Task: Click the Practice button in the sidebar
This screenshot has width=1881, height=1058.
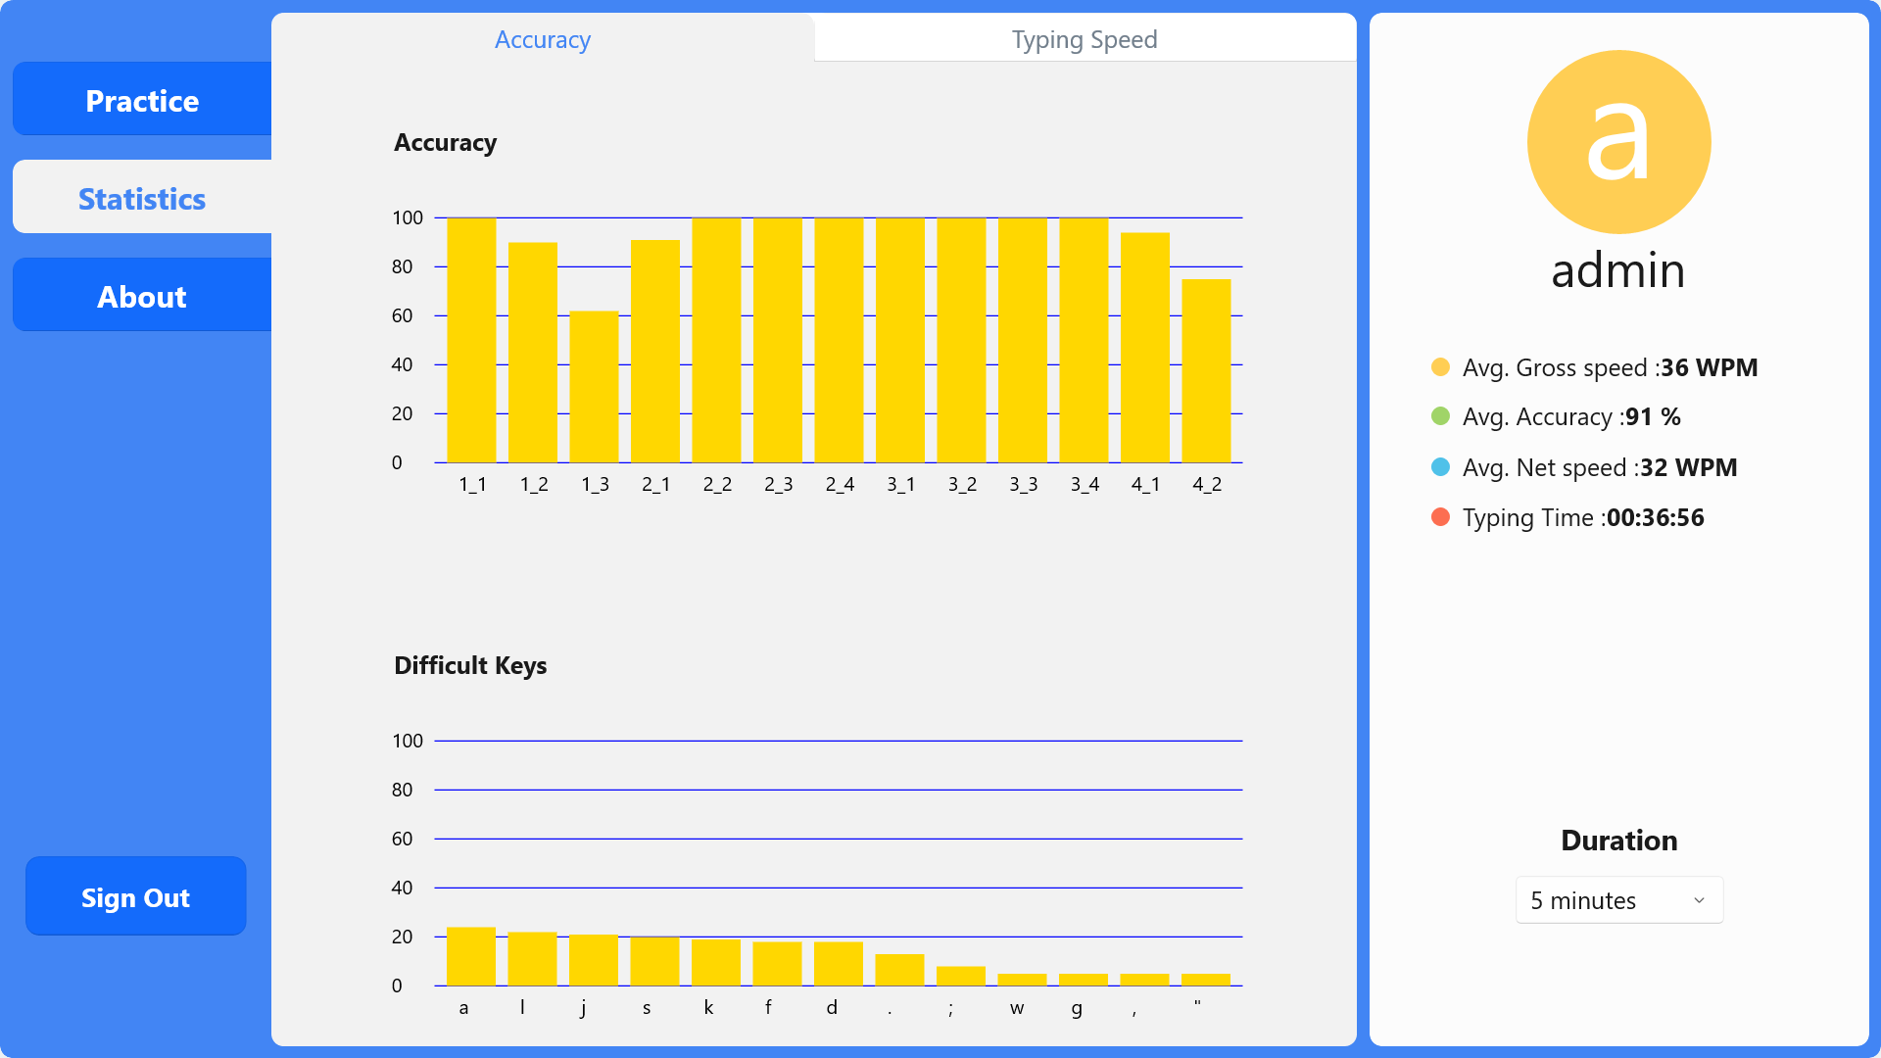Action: point(142,100)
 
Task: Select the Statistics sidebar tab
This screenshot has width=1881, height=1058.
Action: point(142,198)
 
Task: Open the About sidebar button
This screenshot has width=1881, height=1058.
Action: point(142,296)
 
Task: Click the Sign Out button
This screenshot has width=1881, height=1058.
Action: point(136,896)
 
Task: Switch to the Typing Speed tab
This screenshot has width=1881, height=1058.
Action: point(1085,39)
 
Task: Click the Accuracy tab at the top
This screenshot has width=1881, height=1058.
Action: point(543,39)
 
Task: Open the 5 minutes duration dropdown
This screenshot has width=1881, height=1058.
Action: point(1618,900)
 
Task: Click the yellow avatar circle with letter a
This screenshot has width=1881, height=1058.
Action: point(1618,142)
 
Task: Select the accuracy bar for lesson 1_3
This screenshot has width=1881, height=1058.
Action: point(594,387)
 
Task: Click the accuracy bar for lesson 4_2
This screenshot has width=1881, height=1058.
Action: point(1206,371)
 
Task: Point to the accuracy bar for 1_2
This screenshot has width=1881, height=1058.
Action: point(533,353)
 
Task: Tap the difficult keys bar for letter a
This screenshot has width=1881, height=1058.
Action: point(471,956)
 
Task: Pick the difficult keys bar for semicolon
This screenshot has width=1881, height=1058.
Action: point(961,976)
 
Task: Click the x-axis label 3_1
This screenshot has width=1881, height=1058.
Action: point(900,484)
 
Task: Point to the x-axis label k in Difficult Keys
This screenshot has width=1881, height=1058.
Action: point(708,1007)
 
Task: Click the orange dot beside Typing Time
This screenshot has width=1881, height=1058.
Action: point(1440,517)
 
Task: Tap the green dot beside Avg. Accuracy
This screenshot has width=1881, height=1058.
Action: point(1440,416)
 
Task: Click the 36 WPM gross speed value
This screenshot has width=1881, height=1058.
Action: point(1709,367)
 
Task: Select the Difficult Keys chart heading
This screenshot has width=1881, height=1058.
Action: point(470,665)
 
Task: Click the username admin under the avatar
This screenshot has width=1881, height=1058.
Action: point(1618,270)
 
